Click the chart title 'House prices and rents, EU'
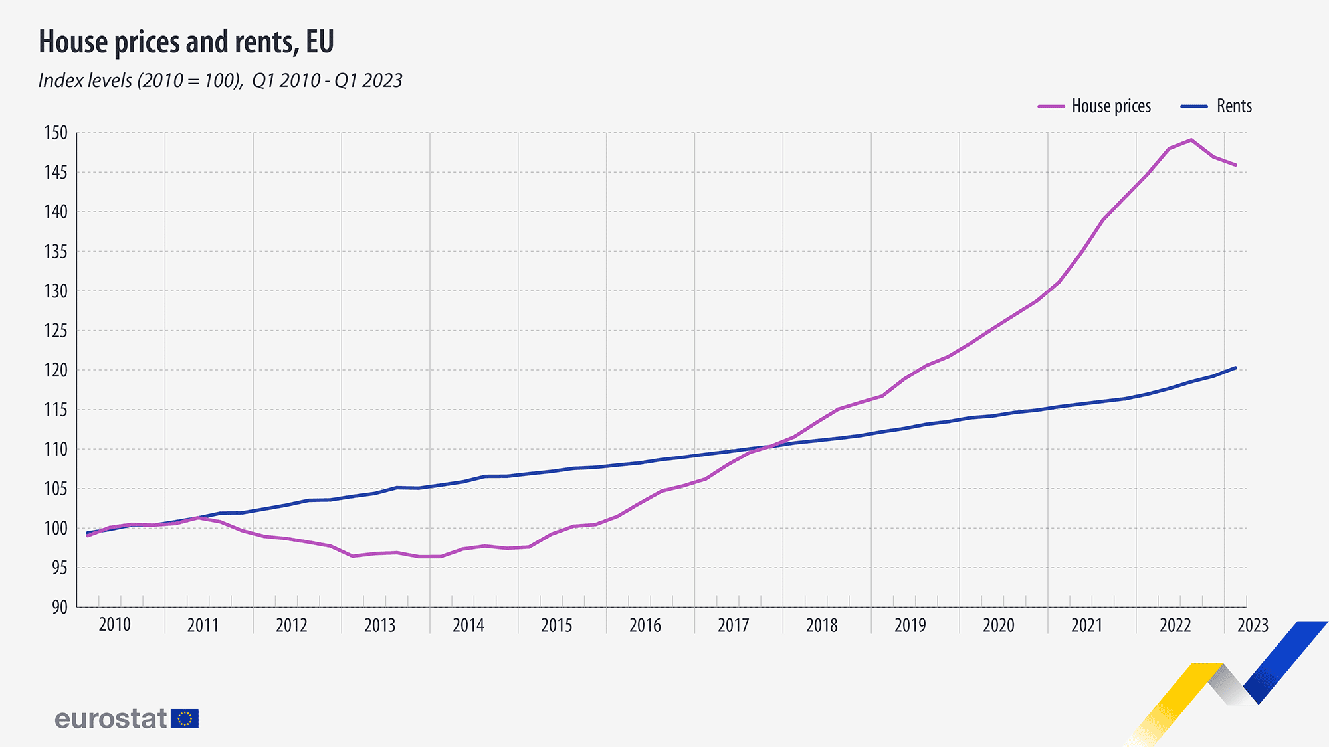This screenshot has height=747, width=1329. [x=186, y=42]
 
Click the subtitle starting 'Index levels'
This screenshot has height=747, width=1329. [x=220, y=80]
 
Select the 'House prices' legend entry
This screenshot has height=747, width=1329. [x=1094, y=106]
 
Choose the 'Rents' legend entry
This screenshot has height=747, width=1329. [x=1216, y=106]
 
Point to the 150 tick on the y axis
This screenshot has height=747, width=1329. [x=56, y=133]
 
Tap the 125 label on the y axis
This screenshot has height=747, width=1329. [x=56, y=331]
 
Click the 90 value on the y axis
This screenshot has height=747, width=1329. [x=60, y=607]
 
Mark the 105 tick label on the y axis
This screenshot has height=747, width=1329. [x=56, y=489]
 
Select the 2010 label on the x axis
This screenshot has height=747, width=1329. [x=114, y=625]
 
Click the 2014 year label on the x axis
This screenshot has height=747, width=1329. [x=468, y=625]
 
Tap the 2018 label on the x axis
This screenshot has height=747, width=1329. [x=822, y=625]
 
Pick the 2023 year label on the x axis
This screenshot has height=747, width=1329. [x=1253, y=625]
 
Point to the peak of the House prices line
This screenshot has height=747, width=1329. [x=1191, y=140]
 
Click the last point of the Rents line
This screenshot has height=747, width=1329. [x=1235, y=368]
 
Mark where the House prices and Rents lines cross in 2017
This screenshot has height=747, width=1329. [x=771, y=446]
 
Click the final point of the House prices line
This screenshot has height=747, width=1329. [x=1235, y=165]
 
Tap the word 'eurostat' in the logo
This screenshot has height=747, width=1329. [x=110, y=718]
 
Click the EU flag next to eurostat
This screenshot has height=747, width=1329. [x=185, y=718]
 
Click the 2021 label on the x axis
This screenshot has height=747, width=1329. [x=1087, y=625]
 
